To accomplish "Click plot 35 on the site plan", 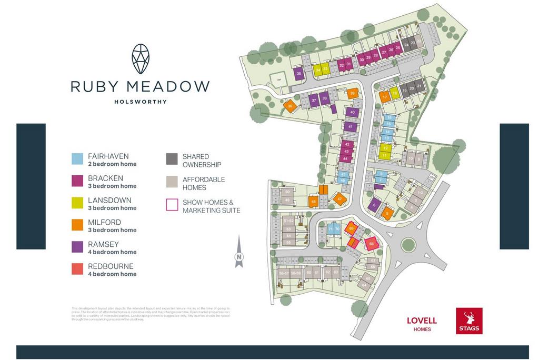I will coord(299,74).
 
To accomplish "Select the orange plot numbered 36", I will coord(290,106).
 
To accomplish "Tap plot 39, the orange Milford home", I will coord(353,94).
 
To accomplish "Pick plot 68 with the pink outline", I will coord(372,244).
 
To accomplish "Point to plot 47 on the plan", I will coord(340,199).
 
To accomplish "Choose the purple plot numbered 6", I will coord(374,205).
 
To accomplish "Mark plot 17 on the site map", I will coord(385,97).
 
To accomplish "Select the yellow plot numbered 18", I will coord(394,93).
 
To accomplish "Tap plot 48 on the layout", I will coord(314,202).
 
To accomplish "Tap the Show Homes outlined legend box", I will coord(172,204).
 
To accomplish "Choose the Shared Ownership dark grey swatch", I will coord(172,159).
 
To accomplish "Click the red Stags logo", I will coord(469,321).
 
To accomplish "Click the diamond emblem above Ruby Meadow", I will coord(140,58).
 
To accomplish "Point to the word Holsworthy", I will coord(140,102).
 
